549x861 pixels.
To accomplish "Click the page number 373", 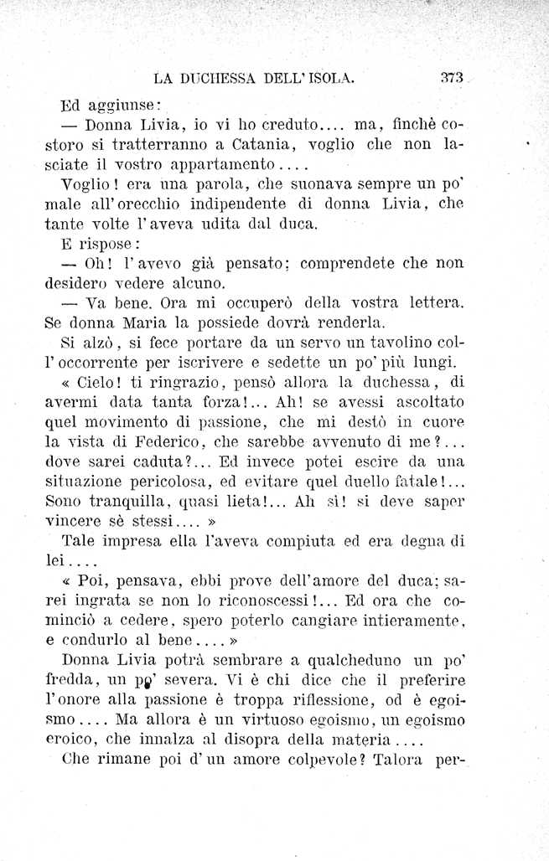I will pyautogui.click(x=452, y=78).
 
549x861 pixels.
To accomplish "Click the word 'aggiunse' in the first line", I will pyautogui.click(x=125, y=107).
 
